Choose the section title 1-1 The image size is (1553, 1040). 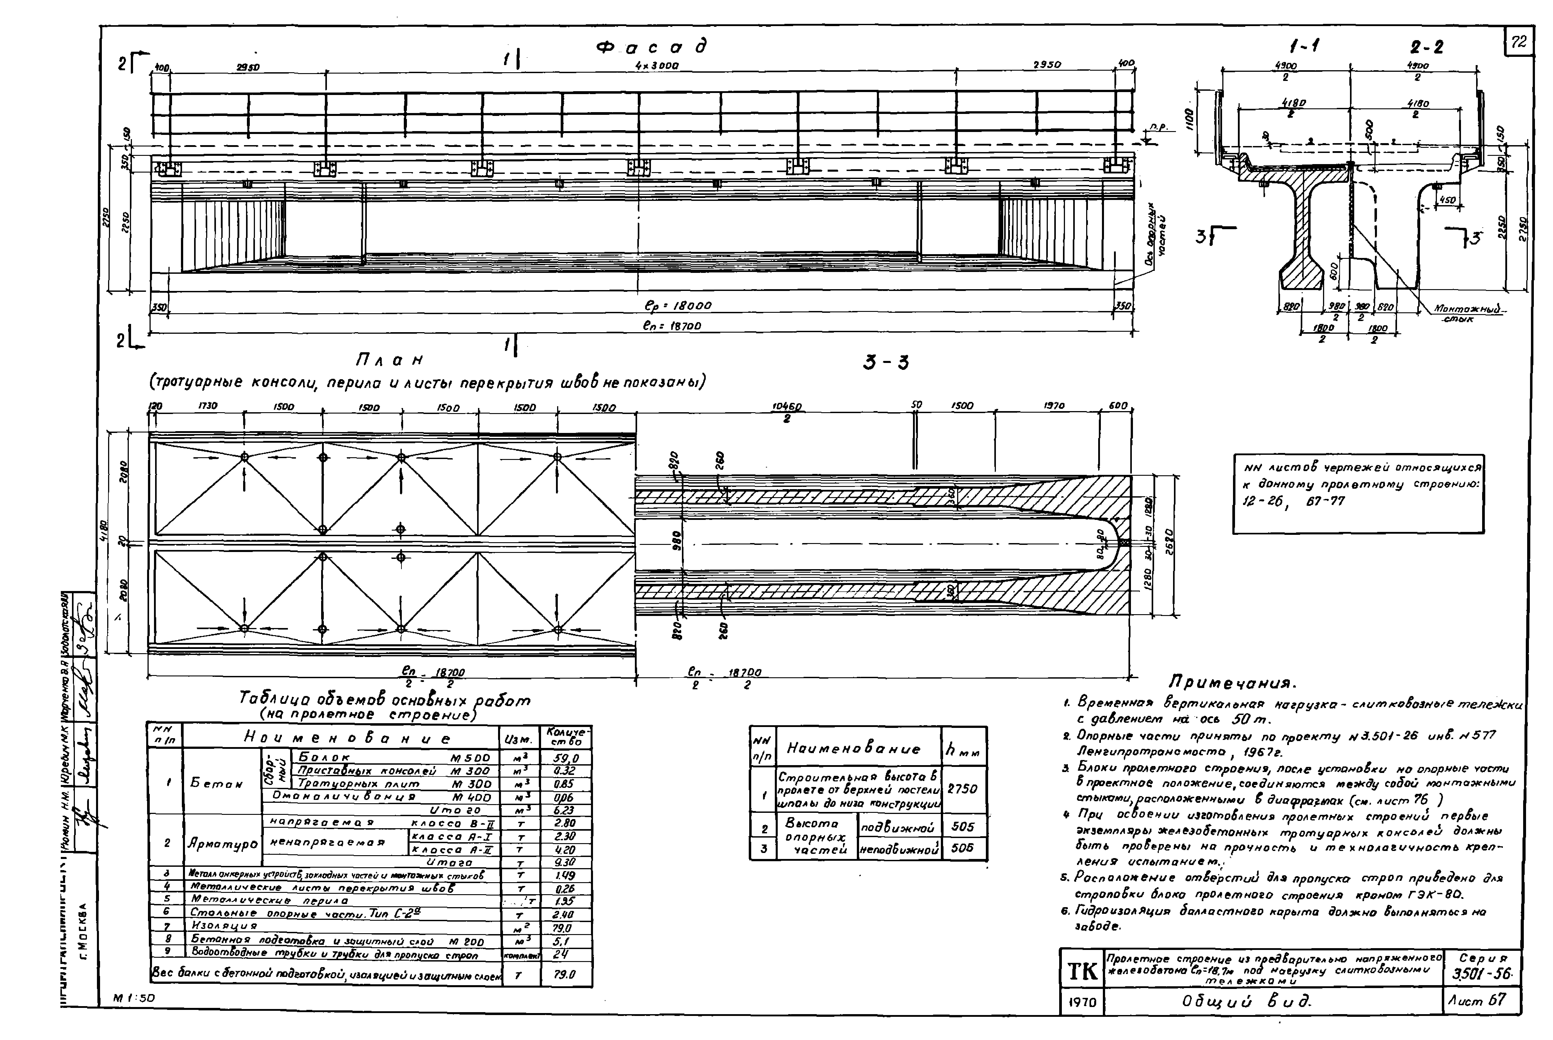[x=1304, y=46]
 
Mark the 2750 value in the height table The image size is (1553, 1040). [x=962, y=789]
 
